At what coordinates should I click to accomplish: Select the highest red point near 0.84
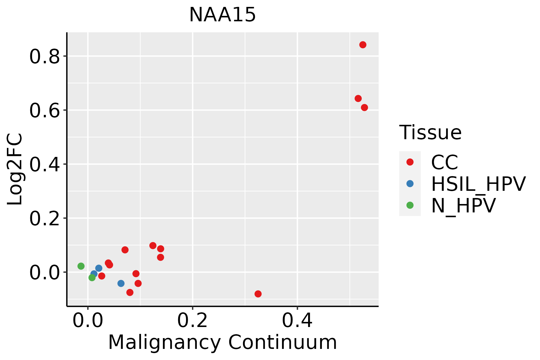point(363,45)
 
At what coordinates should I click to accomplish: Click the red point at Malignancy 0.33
point(258,294)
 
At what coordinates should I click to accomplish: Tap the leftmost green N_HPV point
point(81,266)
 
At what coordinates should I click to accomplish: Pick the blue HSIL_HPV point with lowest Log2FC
point(121,283)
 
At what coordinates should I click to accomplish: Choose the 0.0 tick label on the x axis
point(88,321)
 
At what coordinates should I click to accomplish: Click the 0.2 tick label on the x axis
point(192,321)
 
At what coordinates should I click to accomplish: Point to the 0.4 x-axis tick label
point(297,321)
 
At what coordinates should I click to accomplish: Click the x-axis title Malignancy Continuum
point(222,343)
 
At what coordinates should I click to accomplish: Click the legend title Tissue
point(430,133)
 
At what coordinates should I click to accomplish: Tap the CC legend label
point(445,163)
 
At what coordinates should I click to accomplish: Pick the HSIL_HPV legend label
point(478,184)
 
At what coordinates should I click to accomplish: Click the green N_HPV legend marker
point(410,205)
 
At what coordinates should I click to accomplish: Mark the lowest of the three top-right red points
point(364,108)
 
